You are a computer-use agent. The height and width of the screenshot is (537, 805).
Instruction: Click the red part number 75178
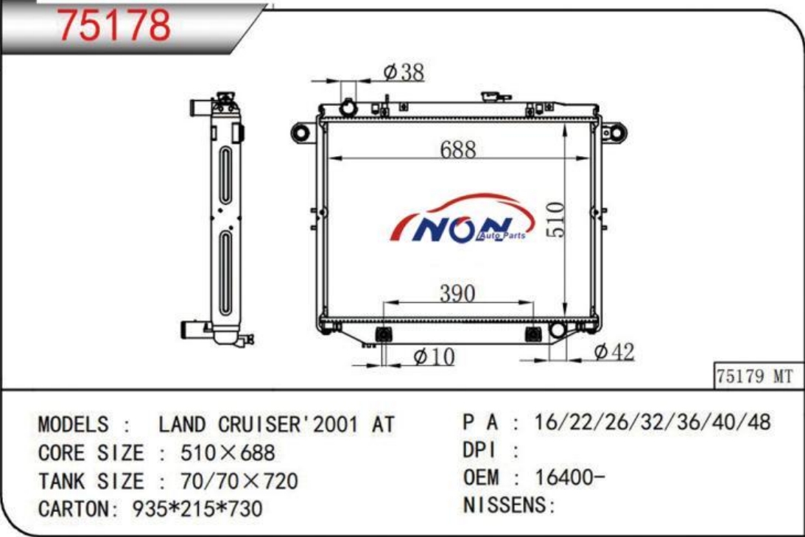point(114,24)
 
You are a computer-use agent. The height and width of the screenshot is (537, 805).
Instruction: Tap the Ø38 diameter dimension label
point(404,72)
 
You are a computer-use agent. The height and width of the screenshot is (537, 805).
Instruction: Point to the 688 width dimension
point(458,150)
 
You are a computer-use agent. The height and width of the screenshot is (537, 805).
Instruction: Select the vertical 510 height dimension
point(555,220)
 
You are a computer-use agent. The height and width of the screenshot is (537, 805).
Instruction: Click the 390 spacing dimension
point(457,293)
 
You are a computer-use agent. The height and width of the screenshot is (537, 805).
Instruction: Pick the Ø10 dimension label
point(434,357)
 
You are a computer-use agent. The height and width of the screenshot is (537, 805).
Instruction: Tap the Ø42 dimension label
point(614,351)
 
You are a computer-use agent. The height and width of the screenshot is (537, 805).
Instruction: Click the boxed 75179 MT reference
point(755,376)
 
